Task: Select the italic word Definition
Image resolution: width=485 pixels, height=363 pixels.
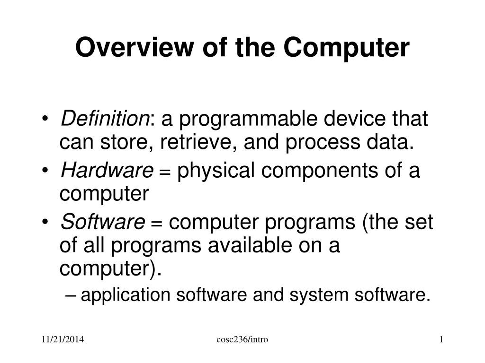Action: (x=104, y=119)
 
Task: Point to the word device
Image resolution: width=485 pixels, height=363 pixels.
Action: (x=350, y=119)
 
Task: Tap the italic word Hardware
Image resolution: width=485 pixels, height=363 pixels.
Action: (x=107, y=171)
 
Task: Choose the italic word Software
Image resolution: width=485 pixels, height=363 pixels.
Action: (x=103, y=222)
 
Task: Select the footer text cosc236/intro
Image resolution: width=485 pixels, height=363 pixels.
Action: (x=242, y=339)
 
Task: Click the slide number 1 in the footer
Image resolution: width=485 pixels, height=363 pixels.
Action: (x=440, y=339)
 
